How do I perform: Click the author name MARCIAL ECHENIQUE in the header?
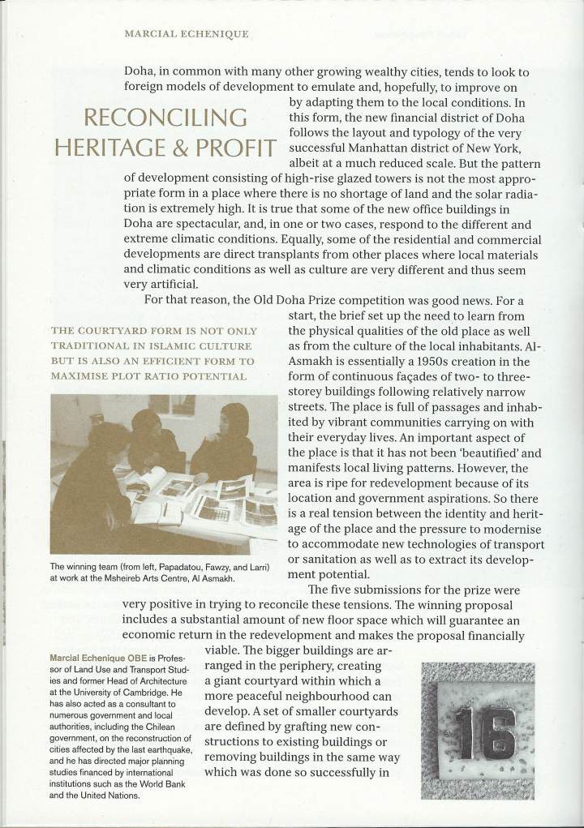click(186, 36)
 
